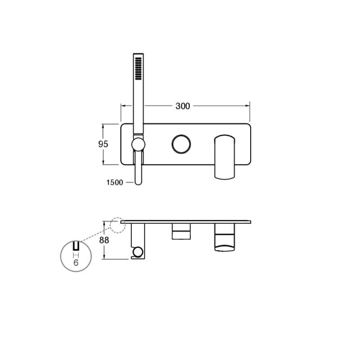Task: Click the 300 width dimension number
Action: [183, 106]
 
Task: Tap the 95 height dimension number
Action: [103, 144]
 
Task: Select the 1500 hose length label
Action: [115, 183]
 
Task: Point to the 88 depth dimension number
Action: [104, 240]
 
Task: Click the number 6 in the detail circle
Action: [76, 263]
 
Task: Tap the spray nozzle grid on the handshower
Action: [138, 69]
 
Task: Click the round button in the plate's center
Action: [181, 144]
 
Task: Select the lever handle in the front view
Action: [225, 157]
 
